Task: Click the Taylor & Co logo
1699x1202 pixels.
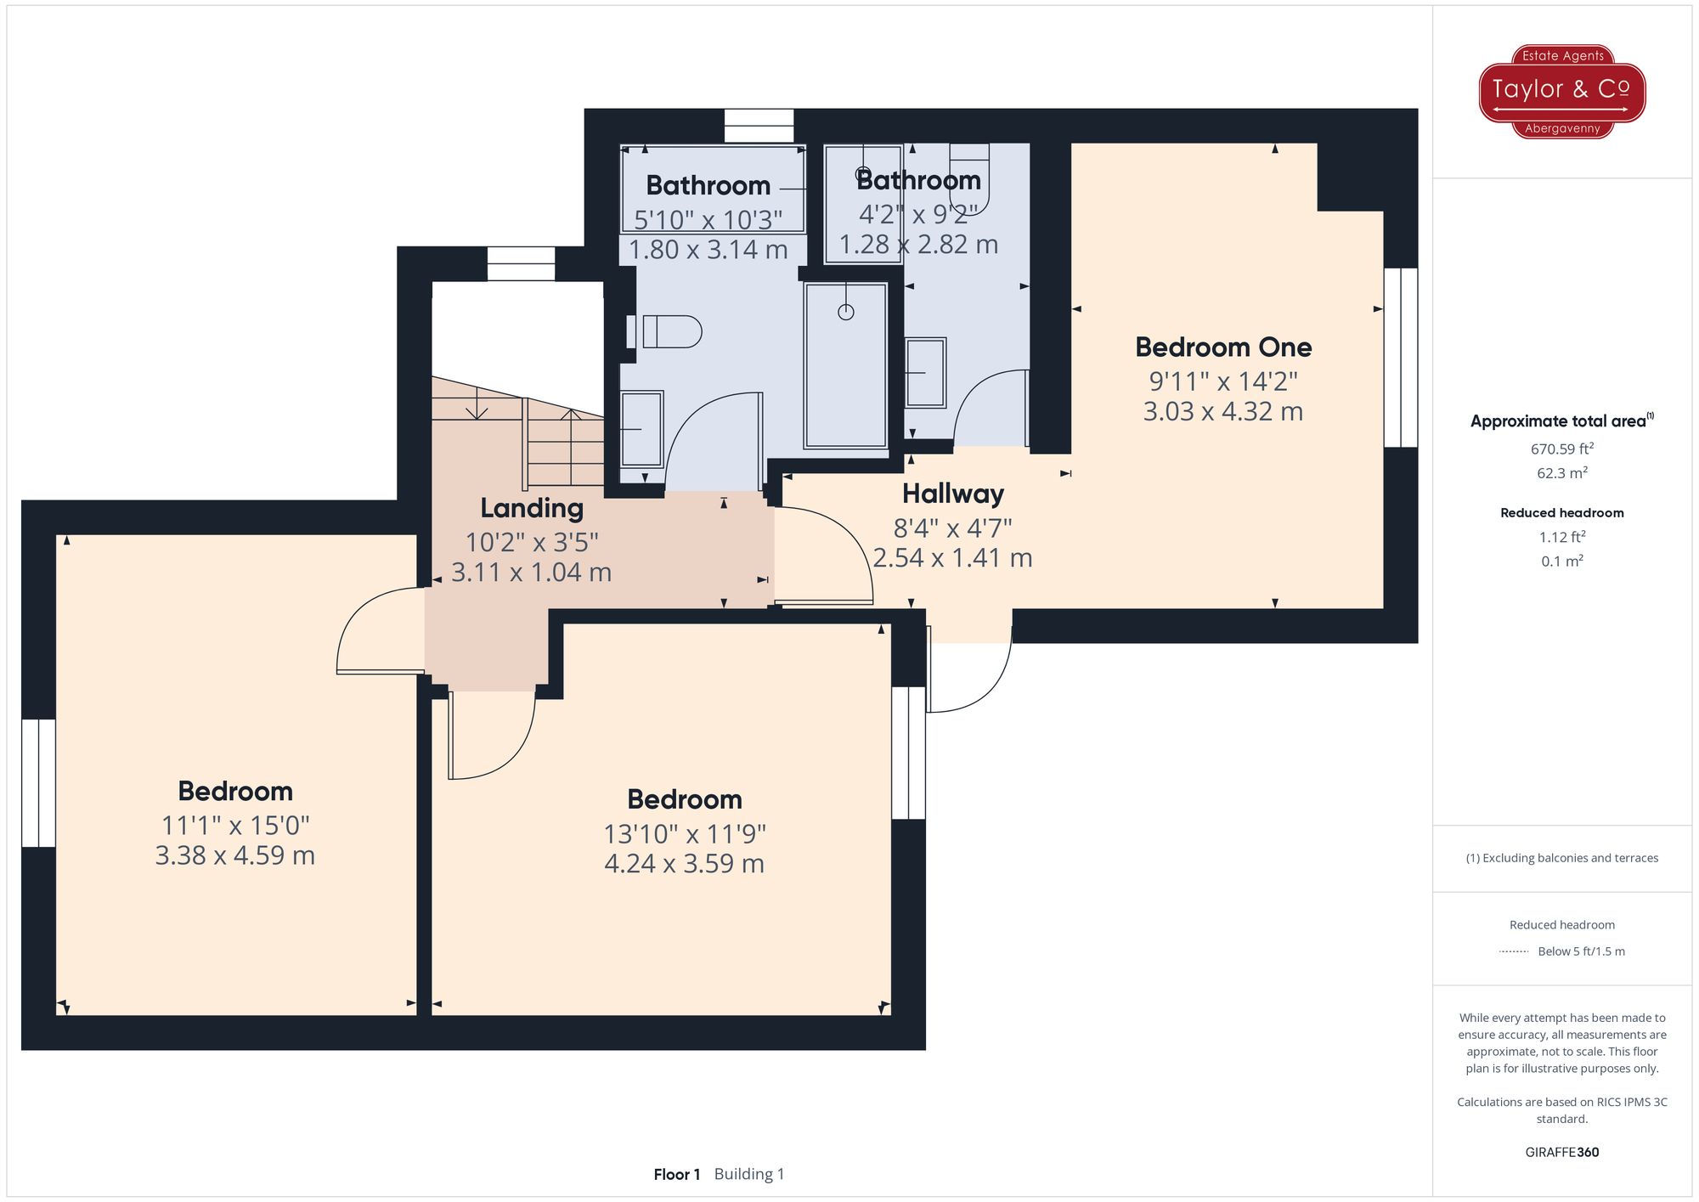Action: click(x=1561, y=91)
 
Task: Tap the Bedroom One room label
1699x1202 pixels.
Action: click(x=1223, y=347)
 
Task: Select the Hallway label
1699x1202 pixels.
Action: click(x=952, y=494)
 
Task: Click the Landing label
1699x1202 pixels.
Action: click(x=532, y=508)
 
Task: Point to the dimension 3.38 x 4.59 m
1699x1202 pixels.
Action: click(x=235, y=855)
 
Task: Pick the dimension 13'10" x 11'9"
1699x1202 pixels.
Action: click(x=685, y=834)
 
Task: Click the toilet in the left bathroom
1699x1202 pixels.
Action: click(x=671, y=331)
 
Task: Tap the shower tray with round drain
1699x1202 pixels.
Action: click(x=845, y=365)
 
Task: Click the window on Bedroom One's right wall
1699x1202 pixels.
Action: click(x=1400, y=358)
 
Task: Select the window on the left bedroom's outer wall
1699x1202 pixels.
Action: click(x=38, y=782)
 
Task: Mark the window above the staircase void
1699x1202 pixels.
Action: click(x=521, y=263)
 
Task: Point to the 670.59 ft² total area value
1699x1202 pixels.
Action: click(x=1561, y=449)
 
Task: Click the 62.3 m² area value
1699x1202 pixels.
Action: click(x=1561, y=473)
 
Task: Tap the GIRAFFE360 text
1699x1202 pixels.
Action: click(x=1561, y=1152)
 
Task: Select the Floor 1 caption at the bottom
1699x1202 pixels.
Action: click(x=677, y=1174)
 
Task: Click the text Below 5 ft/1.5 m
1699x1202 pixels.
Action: click(x=1580, y=951)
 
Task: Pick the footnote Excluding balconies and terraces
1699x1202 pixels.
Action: click(x=1561, y=858)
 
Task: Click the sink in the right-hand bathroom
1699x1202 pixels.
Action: click(x=925, y=373)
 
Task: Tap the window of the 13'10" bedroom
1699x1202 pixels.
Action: click(x=908, y=753)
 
